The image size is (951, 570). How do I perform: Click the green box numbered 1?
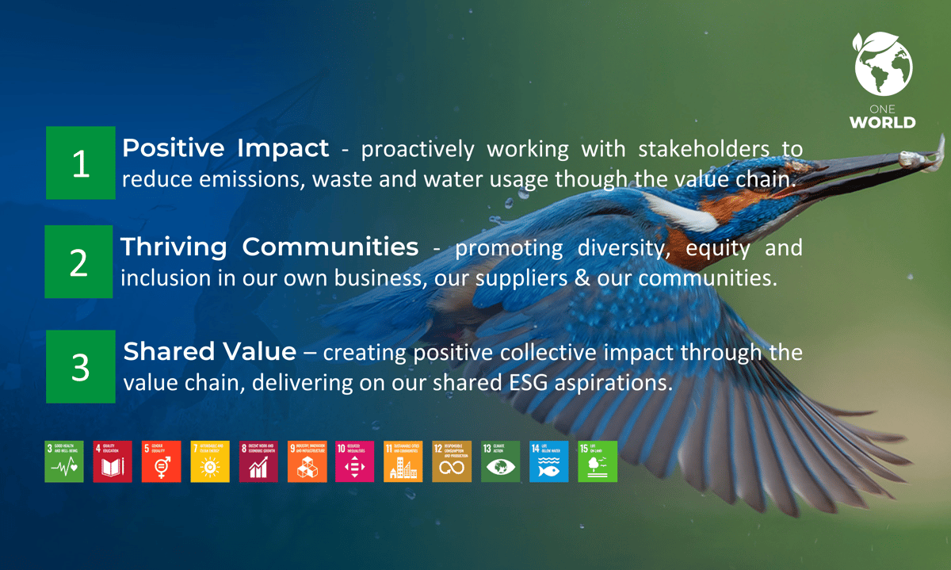click(80, 163)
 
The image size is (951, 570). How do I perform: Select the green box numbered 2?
click(78, 262)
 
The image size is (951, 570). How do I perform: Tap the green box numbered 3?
click(80, 367)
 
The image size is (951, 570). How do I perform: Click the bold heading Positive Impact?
click(225, 148)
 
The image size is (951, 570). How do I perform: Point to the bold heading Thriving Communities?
click(269, 247)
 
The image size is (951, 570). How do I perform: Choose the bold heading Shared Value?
click(210, 351)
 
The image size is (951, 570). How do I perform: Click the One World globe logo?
click(883, 65)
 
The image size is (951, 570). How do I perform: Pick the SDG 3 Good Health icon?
click(64, 461)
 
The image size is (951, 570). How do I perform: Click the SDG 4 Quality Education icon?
click(113, 461)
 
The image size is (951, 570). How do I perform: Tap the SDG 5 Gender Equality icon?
click(161, 461)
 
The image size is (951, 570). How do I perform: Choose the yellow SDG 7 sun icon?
click(209, 461)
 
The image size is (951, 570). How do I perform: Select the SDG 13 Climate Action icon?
click(500, 461)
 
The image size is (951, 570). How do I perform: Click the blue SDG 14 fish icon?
click(548, 461)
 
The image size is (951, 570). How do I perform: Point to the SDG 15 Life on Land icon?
click(597, 461)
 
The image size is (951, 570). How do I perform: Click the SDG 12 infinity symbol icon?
click(452, 461)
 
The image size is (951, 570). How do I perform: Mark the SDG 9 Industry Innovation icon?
click(307, 461)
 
